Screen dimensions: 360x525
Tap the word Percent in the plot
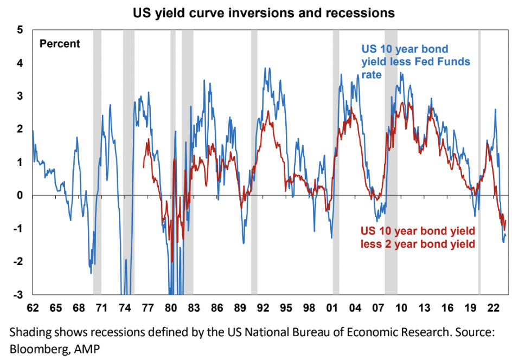(x=60, y=44)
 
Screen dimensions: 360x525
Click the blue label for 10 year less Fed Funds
(x=415, y=61)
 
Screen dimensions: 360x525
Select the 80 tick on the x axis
(x=171, y=308)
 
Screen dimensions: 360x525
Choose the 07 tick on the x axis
(x=378, y=308)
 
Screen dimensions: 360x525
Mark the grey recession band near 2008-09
(x=391, y=163)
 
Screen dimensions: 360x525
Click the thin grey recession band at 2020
(x=479, y=163)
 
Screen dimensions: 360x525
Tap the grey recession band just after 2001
(x=336, y=163)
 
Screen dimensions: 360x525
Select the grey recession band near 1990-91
(x=254, y=163)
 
